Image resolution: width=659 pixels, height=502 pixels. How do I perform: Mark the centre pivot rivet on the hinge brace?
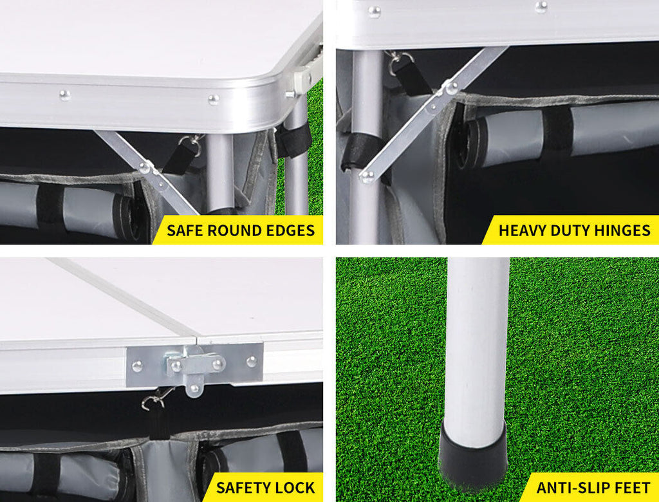[451, 88]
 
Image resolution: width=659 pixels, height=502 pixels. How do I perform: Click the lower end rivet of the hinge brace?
[367, 176]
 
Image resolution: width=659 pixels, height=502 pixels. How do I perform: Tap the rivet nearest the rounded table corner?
[214, 100]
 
